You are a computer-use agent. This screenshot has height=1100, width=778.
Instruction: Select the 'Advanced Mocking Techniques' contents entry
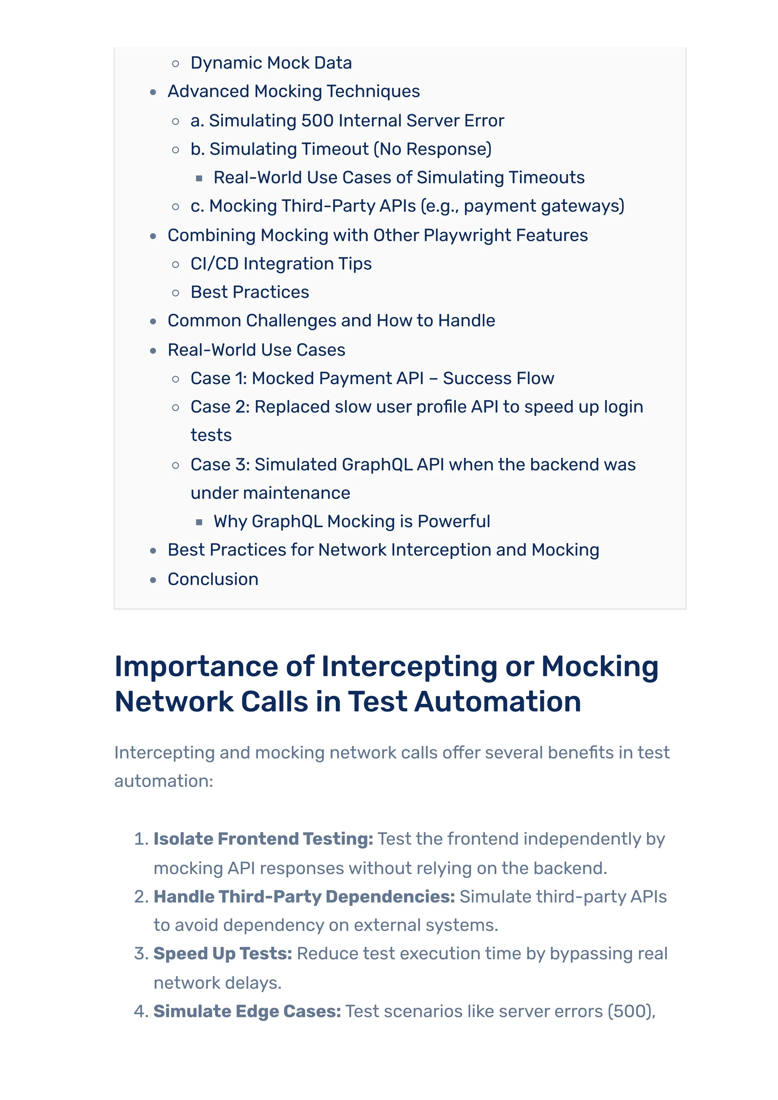pos(293,91)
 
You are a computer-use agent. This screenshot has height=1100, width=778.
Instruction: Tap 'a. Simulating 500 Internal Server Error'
pos(347,121)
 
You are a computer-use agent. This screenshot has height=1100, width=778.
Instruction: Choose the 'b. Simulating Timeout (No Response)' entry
pos(341,149)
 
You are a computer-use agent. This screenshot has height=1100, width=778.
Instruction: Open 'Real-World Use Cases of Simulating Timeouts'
pos(399,178)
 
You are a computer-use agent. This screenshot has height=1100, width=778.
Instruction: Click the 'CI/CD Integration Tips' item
pos(281,264)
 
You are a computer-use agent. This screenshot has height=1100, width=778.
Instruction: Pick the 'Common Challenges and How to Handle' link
pos(331,320)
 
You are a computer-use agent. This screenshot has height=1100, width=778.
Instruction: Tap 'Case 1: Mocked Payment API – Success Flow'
pos(372,378)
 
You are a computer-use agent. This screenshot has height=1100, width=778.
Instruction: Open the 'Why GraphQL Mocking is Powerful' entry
pos(352,521)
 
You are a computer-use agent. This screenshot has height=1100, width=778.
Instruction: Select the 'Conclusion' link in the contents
pos(213,579)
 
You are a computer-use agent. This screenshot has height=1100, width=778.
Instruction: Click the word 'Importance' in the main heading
pos(196,667)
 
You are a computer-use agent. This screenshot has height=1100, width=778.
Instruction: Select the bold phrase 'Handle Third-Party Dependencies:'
pos(304,897)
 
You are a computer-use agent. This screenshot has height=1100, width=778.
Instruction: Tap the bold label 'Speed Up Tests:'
pos(223,953)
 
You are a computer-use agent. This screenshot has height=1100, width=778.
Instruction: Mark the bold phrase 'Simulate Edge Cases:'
pos(247,1011)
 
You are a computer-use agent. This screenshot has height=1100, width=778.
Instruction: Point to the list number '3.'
pos(141,953)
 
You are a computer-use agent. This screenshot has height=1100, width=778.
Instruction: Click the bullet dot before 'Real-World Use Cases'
pos(153,351)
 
